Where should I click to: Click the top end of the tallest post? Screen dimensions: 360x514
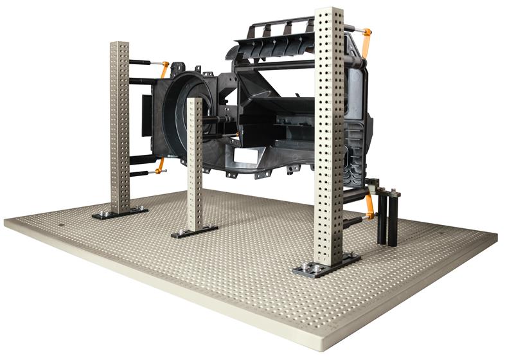(329, 12)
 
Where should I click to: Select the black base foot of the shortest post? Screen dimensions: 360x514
(194, 231)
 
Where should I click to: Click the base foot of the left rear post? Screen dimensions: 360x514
(120, 212)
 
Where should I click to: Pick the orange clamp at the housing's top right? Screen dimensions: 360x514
(367, 40)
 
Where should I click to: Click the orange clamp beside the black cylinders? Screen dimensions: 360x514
(370, 208)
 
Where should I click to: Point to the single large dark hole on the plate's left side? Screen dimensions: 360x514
(61, 226)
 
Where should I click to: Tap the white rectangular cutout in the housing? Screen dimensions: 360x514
(246, 155)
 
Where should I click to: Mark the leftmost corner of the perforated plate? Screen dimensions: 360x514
(5, 222)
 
